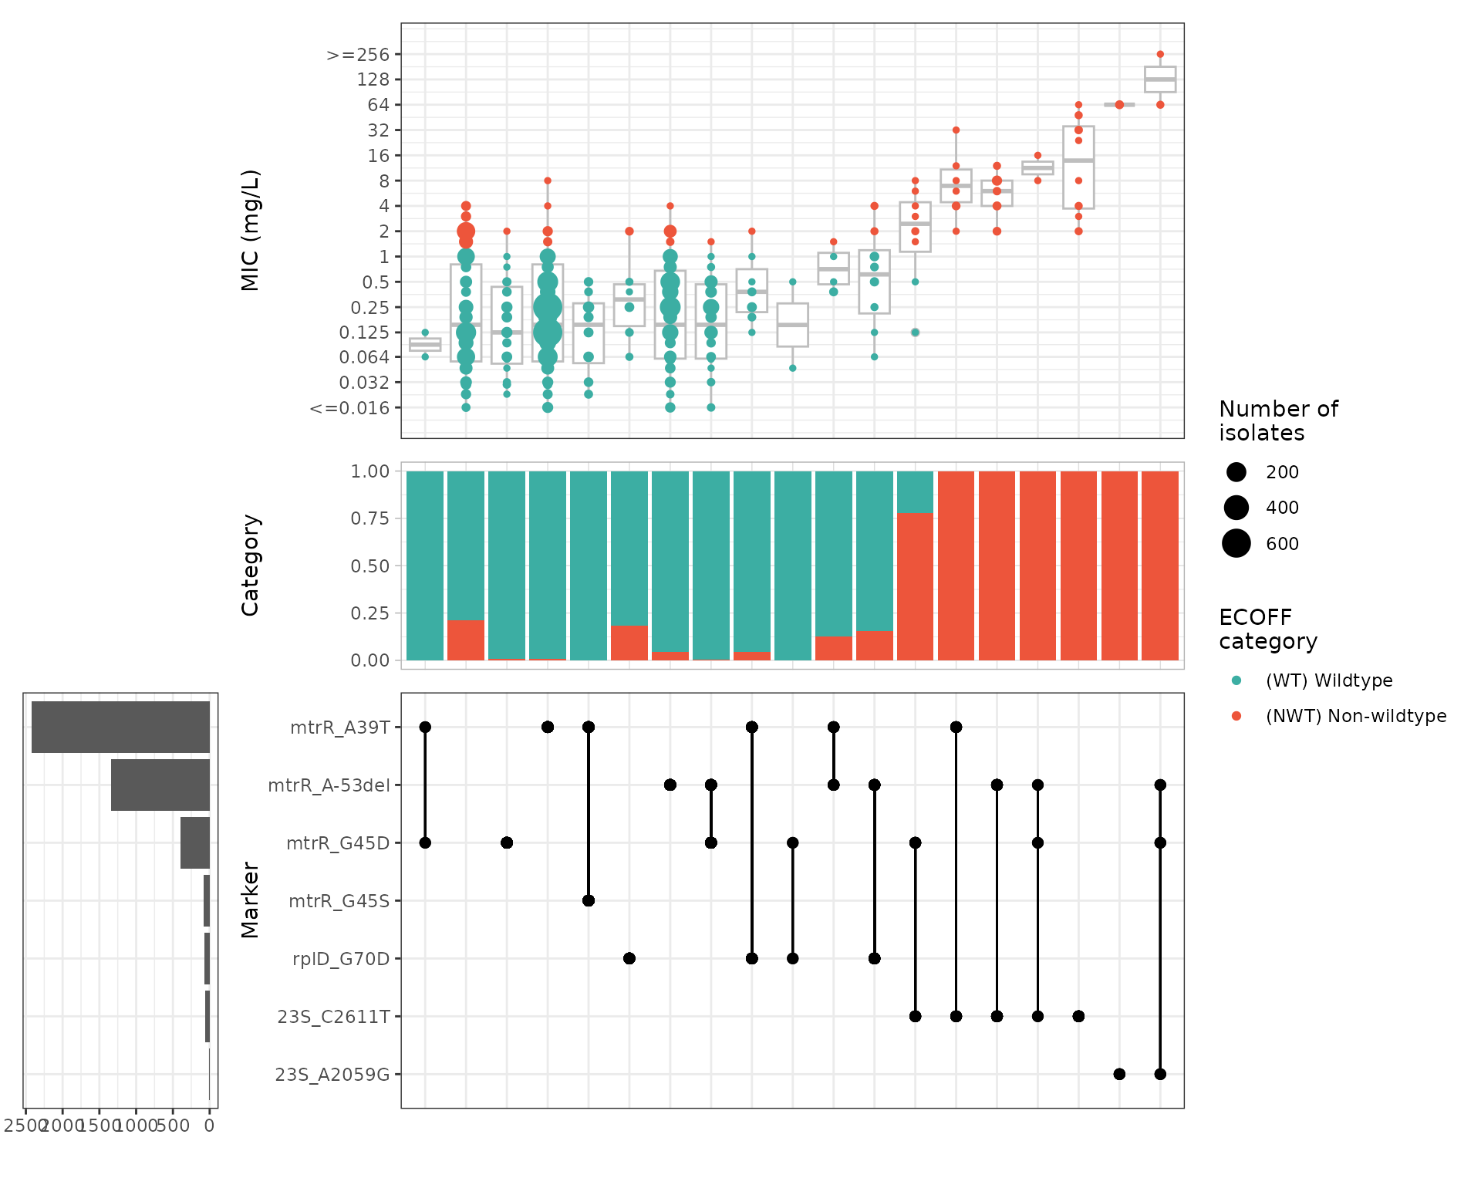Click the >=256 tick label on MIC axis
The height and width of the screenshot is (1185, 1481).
pos(358,55)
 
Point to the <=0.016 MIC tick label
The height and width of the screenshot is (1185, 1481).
pos(349,408)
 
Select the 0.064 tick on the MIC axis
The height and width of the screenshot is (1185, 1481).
pos(364,357)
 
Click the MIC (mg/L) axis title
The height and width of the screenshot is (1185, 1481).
pos(251,230)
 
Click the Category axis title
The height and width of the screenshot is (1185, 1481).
pos(251,565)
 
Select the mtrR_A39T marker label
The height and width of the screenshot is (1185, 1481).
pos(339,728)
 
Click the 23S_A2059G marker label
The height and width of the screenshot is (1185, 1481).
pos(332,1075)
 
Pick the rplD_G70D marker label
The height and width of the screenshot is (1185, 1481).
pos(340,959)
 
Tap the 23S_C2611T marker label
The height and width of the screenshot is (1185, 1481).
pos(333,1017)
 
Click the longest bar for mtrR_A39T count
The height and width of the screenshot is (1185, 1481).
pos(120,727)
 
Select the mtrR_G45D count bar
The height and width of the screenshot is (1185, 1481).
pos(195,842)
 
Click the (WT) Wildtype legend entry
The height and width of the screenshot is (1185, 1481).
pos(1328,680)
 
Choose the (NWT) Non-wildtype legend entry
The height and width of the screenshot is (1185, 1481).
pos(1355,716)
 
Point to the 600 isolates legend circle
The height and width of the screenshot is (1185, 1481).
pos(1236,543)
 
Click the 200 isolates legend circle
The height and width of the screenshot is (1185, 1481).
pos(1236,472)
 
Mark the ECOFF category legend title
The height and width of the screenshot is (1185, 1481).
pos(1267,629)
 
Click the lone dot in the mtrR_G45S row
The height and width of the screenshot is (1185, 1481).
pos(589,900)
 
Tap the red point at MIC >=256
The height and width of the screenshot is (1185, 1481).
pos(1160,55)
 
